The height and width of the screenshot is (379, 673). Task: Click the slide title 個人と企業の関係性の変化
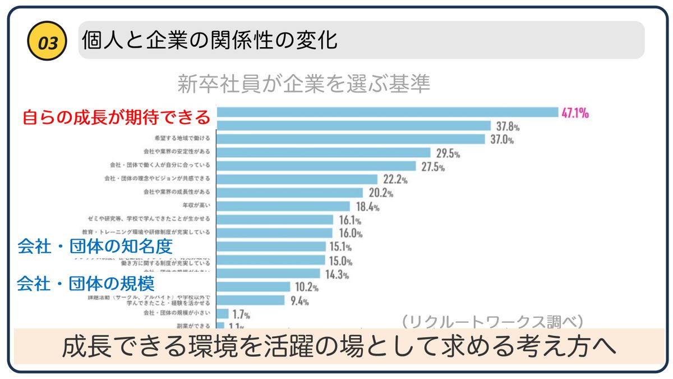coord(209,40)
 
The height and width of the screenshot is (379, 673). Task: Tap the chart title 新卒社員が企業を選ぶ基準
coord(304,84)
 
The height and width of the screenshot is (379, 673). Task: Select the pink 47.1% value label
coord(575,113)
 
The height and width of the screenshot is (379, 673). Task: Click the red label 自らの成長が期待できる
coord(116,118)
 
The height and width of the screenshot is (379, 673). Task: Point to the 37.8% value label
coord(508,126)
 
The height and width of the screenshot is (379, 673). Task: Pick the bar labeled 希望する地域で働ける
coord(351,139)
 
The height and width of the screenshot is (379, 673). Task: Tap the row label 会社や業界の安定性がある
coord(177,152)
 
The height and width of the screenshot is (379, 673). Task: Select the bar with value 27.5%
coord(316,166)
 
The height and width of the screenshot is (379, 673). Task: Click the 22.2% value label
coord(395,180)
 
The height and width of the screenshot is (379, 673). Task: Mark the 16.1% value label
coord(351,220)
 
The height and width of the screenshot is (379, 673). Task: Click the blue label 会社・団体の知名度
coord(95,246)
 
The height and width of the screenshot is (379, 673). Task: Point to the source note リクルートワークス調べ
coord(493,322)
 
